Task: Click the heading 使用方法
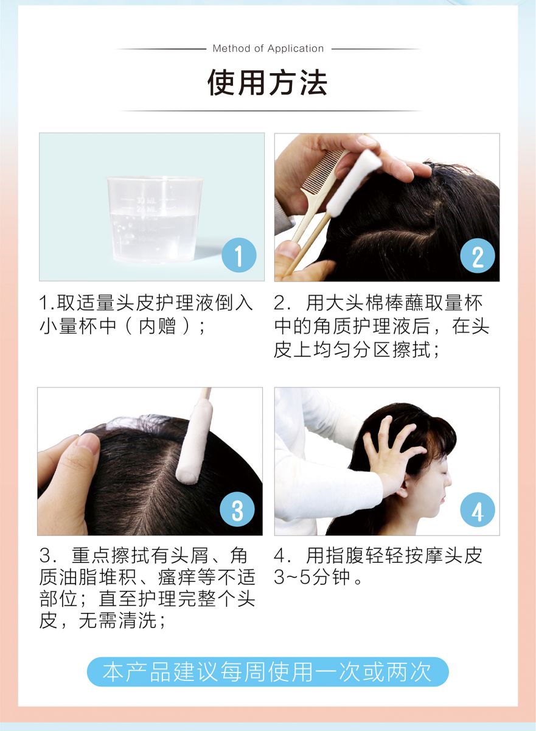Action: [x=268, y=83]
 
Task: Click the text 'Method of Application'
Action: [x=268, y=49]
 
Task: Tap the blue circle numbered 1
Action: [x=238, y=255]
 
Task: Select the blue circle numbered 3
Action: [x=237, y=509]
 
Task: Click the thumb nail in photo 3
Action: [x=89, y=444]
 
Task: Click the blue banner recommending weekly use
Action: [x=268, y=672]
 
